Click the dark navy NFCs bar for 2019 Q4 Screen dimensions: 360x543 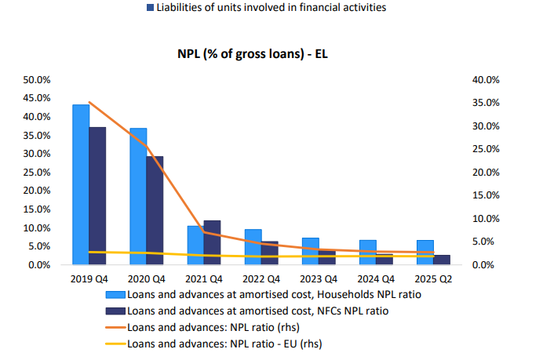(x=97, y=196)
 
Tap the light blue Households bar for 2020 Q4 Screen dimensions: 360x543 (x=138, y=196)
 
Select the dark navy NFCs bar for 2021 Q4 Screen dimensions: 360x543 (x=212, y=243)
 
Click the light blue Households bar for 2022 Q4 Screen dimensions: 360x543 (x=253, y=247)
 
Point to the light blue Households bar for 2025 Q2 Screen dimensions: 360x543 (x=425, y=253)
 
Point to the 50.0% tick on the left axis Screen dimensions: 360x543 (x=38, y=80)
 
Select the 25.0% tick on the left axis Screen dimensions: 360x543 (x=38, y=173)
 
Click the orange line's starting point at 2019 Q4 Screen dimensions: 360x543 (x=89, y=102)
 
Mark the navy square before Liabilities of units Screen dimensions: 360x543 (x=150, y=8)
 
